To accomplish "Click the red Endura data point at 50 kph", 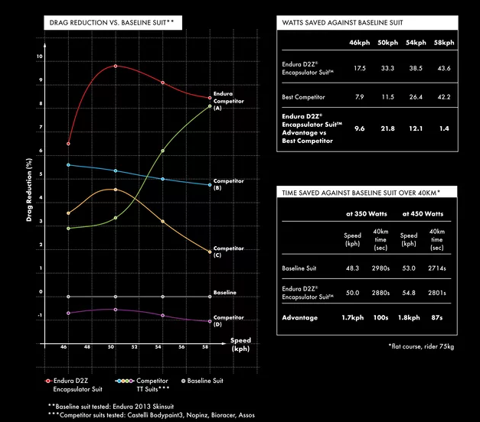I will point(116,67).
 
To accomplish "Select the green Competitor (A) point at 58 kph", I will point(210,105).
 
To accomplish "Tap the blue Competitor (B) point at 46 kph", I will point(69,164).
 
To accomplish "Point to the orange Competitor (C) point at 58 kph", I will point(210,252).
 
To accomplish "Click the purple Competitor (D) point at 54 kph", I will point(163,315).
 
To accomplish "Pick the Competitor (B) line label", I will point(228,183).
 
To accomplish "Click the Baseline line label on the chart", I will point(226,293).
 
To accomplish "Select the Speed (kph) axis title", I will point(240,344).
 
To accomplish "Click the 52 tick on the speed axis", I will point(136,347).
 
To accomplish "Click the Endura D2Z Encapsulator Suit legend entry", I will point(77,384).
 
